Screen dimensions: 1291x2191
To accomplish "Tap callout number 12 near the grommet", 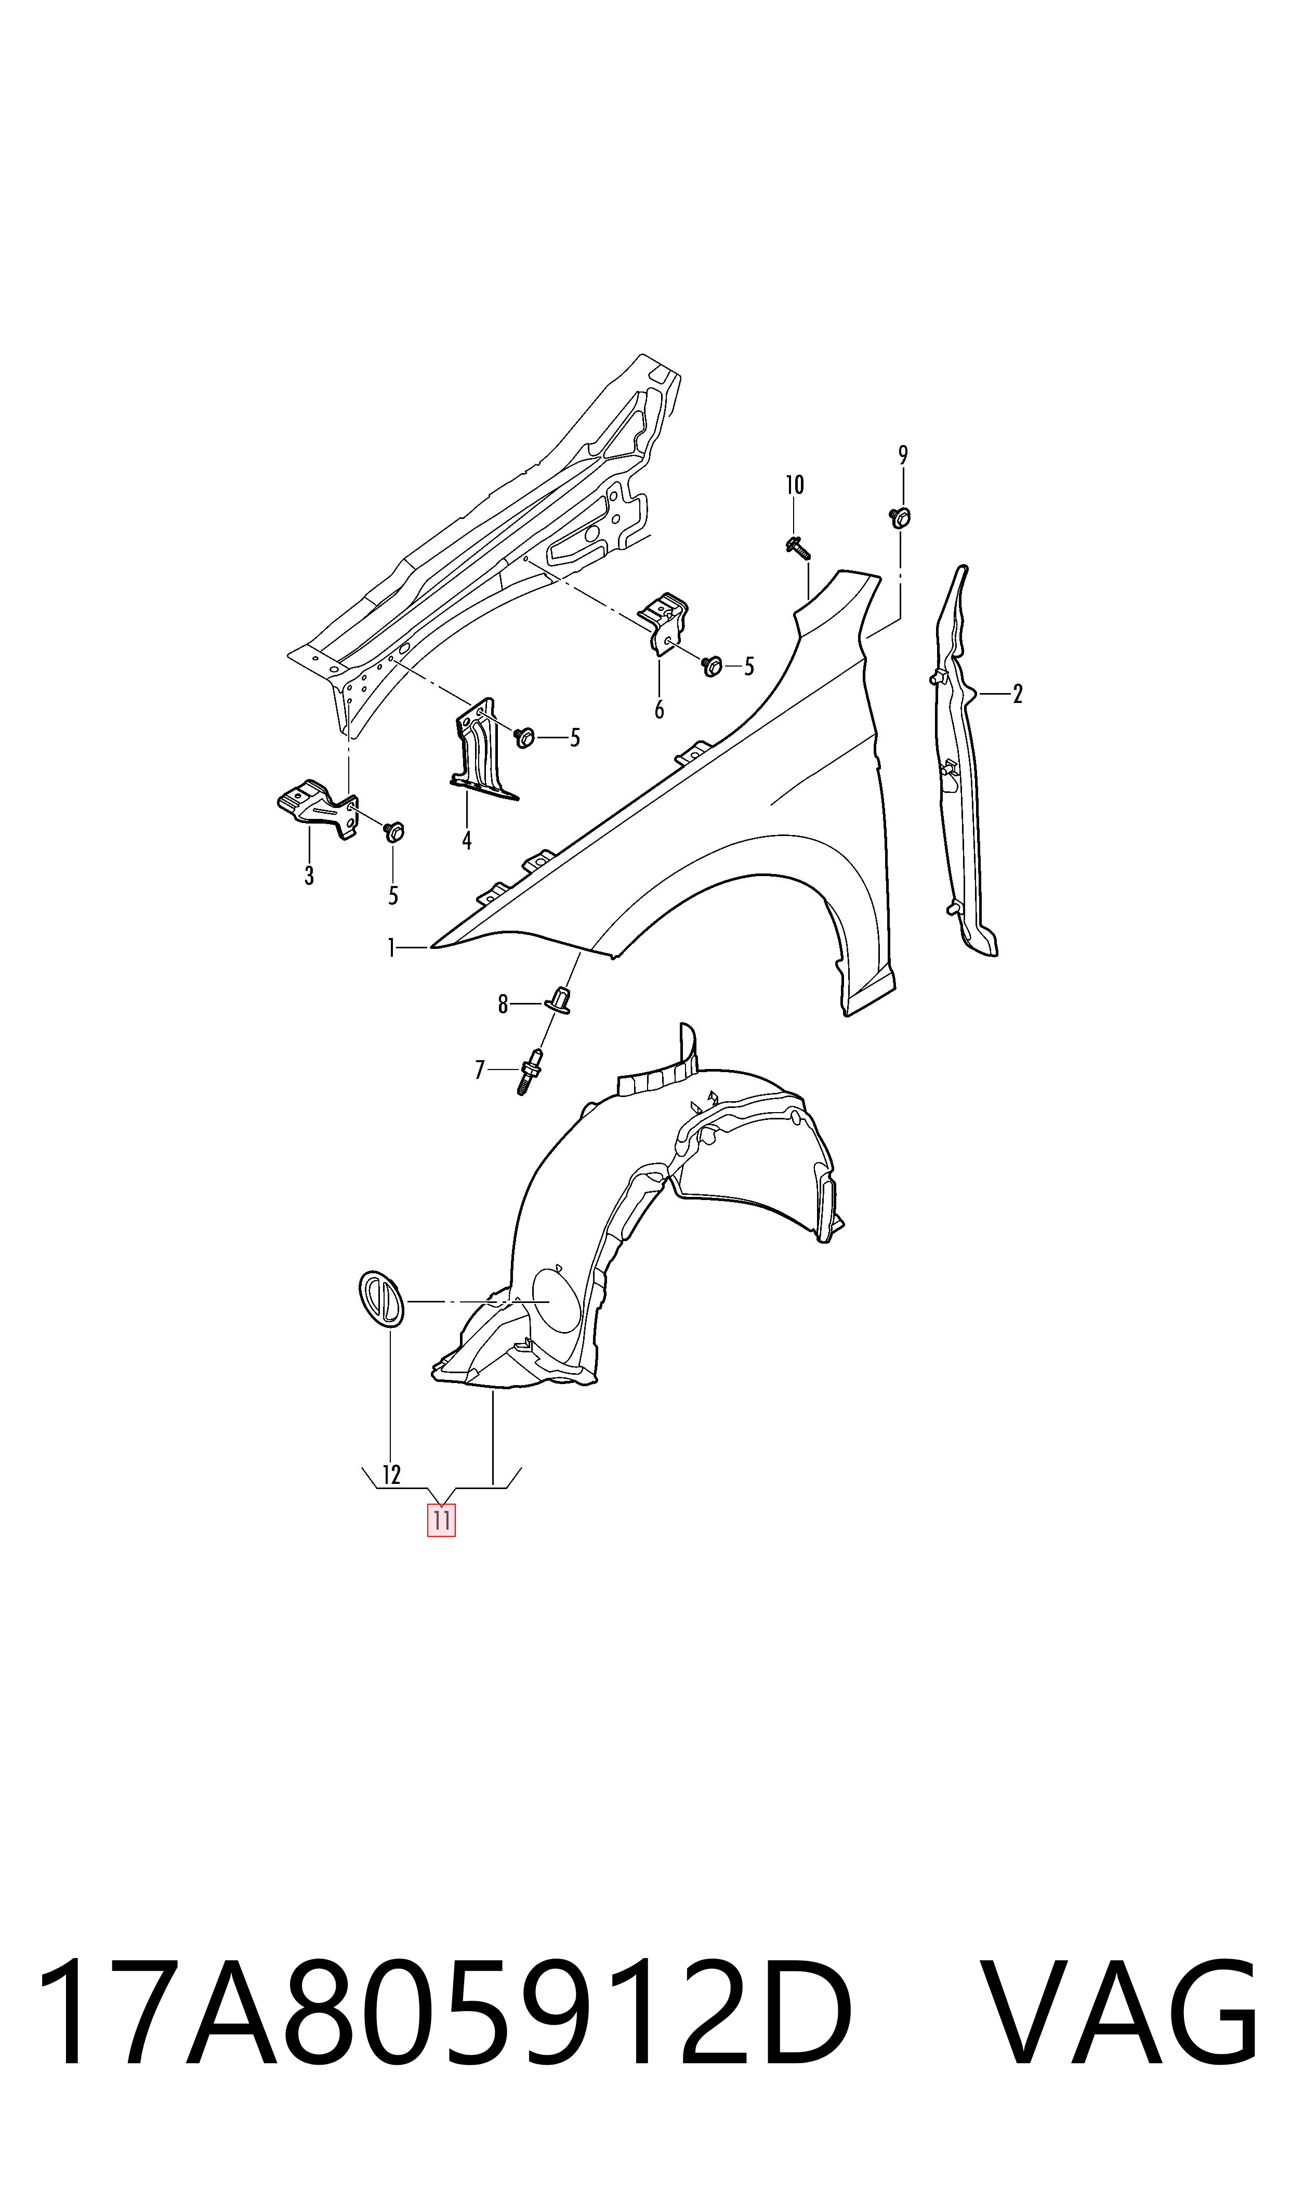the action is coord(391,1475).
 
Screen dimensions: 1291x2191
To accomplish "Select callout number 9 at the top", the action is coord(903,455).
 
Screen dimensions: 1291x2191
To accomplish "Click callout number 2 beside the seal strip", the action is coord(1017,694).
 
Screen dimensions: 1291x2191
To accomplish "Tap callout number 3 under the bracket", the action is coord(309,876).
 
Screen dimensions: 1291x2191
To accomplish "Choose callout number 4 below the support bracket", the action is coord(467,841).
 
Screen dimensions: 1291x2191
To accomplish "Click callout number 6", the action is coord(660,710).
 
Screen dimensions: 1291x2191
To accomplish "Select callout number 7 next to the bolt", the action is coord(479,1070).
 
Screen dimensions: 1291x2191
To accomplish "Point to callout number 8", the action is coord(503,1004).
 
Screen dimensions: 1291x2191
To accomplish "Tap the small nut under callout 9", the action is coord(900,517).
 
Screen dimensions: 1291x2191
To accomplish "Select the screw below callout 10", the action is coord(797,547).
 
